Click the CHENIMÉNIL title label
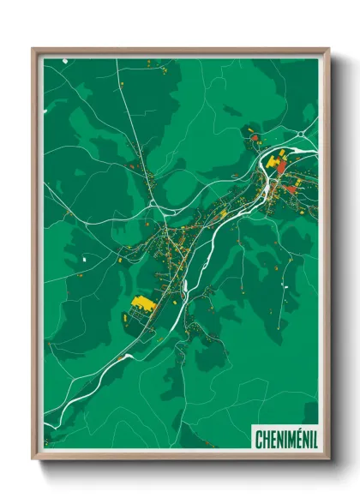click(x=285, y=440)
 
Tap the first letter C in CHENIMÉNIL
click(x=258, y=440)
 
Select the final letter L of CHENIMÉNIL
click(x=314, y=440)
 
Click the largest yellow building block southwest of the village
click(x=143, y=303)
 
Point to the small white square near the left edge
click(x=85, y=258)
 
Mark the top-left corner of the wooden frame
click(x=33, y=49)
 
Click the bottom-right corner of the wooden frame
click(x=328, y=459)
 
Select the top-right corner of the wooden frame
click(x=328, y=49)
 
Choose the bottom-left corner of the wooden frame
click(x=33, y=459)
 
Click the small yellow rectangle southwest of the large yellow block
click(x=125, y=316)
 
